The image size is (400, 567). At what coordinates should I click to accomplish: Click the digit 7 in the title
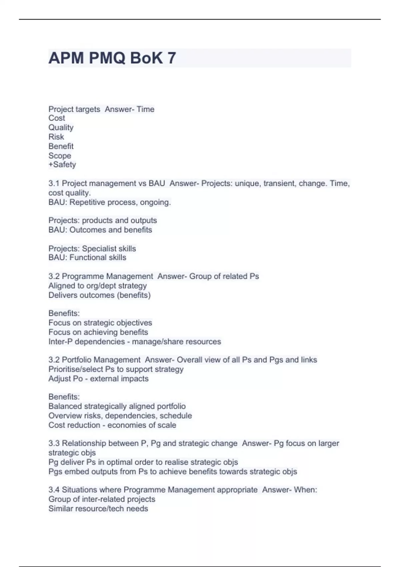[172, 58]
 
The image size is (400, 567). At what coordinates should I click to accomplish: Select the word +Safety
[62, 164]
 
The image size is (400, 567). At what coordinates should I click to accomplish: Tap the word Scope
[60, 155]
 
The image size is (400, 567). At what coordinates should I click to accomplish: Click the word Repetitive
[86, 202]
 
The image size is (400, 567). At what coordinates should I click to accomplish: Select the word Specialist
[99, 248]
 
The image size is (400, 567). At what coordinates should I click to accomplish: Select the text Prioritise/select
[76, 369]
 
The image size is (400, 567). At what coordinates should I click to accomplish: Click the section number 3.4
[54, 490]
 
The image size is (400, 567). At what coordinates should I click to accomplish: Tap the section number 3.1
[54, 183]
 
